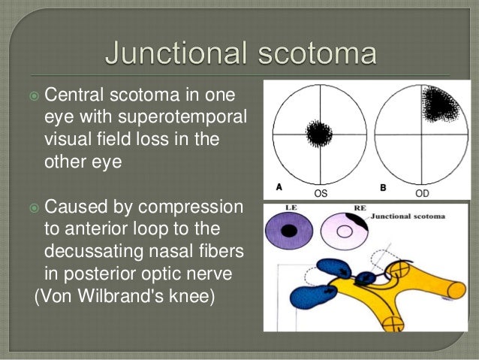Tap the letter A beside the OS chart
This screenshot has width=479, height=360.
pyautogui.click(x=279, y=186)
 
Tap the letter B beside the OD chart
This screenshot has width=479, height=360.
pyautogui.click(x=383, y=186)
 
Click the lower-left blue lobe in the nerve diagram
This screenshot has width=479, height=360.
pyautogui.click(x=307, y=297)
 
